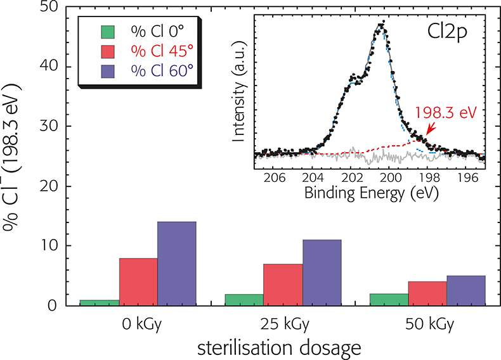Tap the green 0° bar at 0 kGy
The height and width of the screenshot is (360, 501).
(100, 303)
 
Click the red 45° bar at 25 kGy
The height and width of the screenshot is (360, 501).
(283, 285)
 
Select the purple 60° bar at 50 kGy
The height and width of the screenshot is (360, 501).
(466, 291)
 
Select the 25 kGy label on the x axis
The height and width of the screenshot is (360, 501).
(283, 323)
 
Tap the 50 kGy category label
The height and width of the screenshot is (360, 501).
(428, 323)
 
